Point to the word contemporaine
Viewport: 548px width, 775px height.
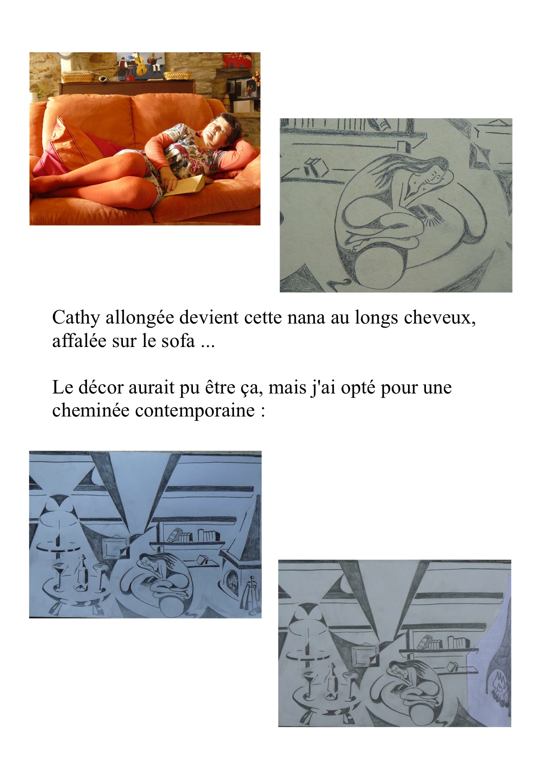click(195, 411)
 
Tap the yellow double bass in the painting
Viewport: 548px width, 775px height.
click(141, 64)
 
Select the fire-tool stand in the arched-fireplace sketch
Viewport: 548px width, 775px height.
click(252, 596)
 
